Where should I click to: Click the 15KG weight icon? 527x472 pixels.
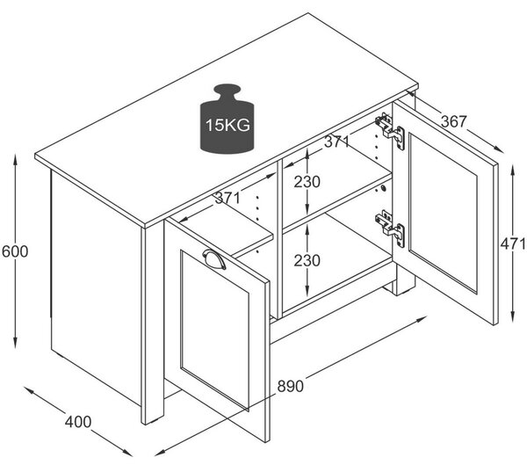coord(227,119)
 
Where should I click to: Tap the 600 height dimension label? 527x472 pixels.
coord(15,251)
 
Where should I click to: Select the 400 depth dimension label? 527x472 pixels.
coord(78,422)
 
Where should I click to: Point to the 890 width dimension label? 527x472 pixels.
coord(291,386)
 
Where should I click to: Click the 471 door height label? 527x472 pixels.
coord(513,243)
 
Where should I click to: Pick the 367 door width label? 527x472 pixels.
coord(454,121)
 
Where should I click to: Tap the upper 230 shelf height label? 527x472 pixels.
coord(307,182)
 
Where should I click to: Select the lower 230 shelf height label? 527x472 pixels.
coord(307,261)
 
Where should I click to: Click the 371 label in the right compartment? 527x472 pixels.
coord(337,142)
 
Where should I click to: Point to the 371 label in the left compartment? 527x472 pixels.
coord(227,198)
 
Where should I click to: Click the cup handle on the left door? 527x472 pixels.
coord(214,259)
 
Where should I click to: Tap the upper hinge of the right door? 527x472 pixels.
coord(390,131)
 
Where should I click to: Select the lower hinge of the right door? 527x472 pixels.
coord(390,229)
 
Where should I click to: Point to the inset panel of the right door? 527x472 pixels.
coord(443,214)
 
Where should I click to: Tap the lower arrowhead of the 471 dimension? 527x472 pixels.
coord(512,316)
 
